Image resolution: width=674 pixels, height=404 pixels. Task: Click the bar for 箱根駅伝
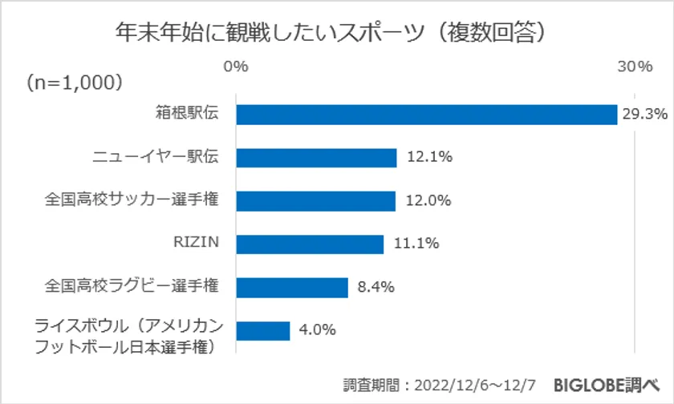425,115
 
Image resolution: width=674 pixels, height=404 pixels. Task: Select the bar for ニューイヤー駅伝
316,158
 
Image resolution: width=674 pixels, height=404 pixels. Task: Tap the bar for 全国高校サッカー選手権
315,200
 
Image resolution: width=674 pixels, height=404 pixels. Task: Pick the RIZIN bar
310,244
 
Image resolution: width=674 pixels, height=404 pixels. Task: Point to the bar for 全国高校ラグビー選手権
291,286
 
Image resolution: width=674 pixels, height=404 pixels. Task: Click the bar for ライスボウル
262,329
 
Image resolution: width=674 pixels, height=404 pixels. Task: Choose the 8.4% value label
375,286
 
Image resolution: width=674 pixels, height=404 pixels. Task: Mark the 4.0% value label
316,329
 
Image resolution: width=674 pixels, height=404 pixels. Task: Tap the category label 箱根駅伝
187,115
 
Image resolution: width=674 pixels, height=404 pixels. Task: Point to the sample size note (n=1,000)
73,83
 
